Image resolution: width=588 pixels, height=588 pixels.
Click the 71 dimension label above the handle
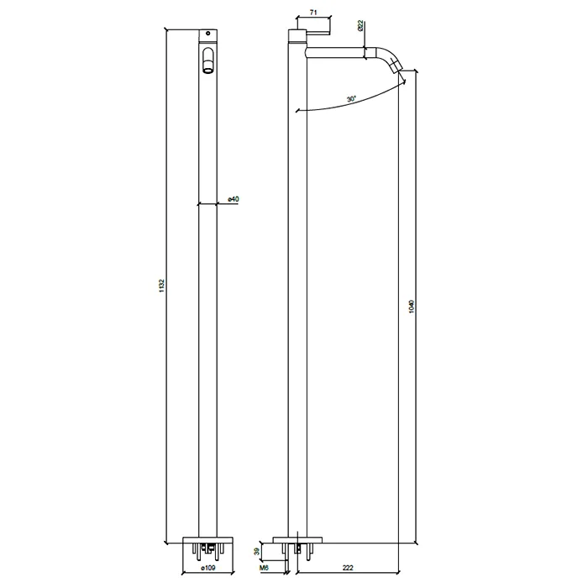click(x=313, y=13)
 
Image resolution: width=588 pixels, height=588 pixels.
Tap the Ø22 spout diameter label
click(x=360, y=25)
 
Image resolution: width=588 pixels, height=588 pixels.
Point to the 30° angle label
click(x=351, y=99)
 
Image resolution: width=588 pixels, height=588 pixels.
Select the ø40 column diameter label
click(x=234, y=199)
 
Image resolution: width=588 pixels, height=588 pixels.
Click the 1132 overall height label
click(x=161, y=286)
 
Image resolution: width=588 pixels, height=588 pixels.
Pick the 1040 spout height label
click(x=412, y=307)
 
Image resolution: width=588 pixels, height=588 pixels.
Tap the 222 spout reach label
click(x=348, y=568)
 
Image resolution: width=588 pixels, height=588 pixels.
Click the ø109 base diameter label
click(x=208, y=568)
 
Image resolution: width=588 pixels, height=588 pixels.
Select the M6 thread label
click(x=264, y=568)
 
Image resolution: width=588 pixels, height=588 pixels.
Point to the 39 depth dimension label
click(x=257, y=551)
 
